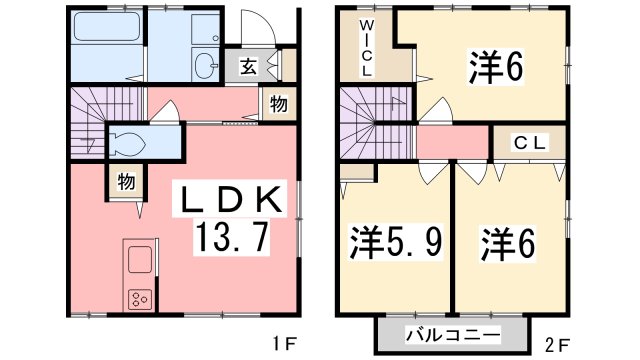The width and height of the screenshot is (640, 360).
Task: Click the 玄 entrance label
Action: tap(247, 68)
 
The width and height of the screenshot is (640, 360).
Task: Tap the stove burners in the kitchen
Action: tap(139, 297)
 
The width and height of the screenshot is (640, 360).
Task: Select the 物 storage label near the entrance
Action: tap(279, 103)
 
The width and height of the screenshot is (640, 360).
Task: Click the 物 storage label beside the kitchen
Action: tap(126, 182)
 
